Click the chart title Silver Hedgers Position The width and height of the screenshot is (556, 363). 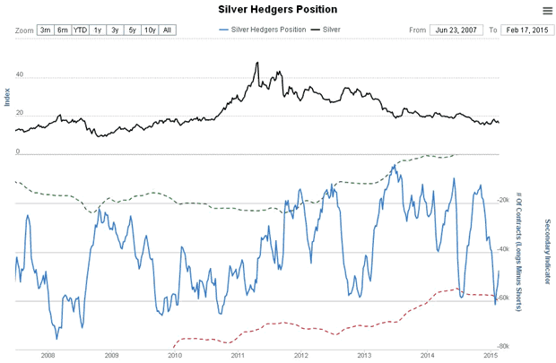(x=278, y=9)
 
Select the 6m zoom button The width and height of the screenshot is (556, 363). (x=63, y=30)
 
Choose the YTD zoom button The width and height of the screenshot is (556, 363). (x=81, y=30)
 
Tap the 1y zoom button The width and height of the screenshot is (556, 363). (x=98, y=30)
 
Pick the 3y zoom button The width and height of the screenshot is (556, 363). (x=115, y=30)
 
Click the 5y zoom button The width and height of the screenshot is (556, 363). (x=132, y=30)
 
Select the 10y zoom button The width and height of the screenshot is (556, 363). (x=150, y=30)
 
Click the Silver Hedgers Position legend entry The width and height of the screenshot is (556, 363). (x=265, y=30)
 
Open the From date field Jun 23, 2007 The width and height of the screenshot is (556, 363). (x=456, y=30)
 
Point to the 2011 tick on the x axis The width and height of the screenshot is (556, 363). (x=239, y=356)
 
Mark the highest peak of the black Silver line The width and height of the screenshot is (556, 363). (x=257, y=62)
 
